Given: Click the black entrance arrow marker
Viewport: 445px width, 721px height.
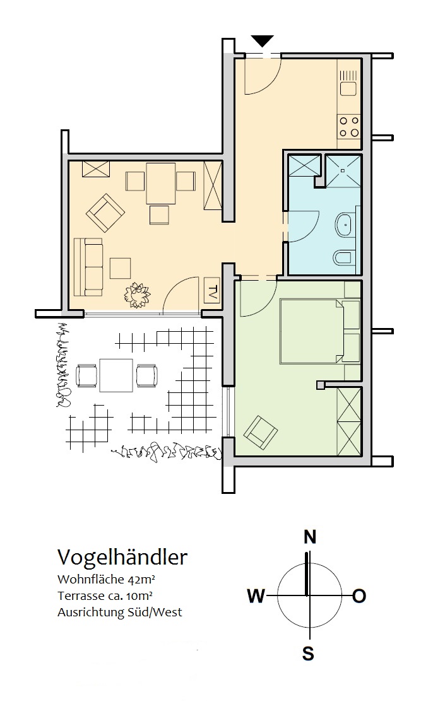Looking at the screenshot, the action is coord(263,41).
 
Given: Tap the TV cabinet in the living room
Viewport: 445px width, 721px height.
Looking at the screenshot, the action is coord(211,291).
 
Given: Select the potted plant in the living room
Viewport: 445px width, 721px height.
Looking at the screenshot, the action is coord(137,295).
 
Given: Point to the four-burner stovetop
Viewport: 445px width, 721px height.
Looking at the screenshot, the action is coord(349,127).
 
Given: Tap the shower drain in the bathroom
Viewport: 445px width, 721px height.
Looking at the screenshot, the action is coord(342,170).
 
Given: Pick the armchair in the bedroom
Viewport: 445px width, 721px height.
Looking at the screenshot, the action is coord(261,432).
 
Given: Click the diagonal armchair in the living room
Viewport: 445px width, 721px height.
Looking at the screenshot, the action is coord(105,213).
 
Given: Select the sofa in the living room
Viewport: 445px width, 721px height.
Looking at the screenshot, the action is coord(88,267).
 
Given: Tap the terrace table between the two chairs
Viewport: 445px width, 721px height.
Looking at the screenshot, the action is coord(116,375).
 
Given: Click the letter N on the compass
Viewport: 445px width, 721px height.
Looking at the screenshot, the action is coord(310,537).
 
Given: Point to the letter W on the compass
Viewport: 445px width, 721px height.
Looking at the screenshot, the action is coord(256,596).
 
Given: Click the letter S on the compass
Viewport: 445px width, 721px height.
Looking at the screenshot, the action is coord(308,654).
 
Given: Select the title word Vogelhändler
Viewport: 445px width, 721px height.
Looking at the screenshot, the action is coord(122,557).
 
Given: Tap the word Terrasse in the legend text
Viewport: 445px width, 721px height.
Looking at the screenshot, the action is coord(81,596).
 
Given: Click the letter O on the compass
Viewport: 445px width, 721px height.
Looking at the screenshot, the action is coord(359,596).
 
